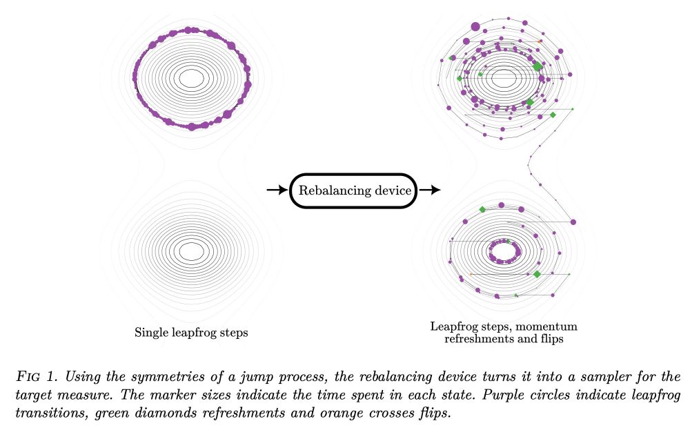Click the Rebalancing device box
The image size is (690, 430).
click(x=353, y=190)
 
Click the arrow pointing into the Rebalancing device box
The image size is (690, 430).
click(x=277, y=190)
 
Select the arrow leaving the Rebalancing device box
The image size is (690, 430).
click(x=429, y=190)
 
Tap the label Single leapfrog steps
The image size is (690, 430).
click(x=191, y=333)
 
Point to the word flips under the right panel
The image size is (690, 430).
click(x=551, y=339)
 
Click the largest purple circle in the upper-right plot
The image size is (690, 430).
click(x=475, y=27)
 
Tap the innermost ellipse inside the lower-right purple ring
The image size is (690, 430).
click(x=504, y=244)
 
